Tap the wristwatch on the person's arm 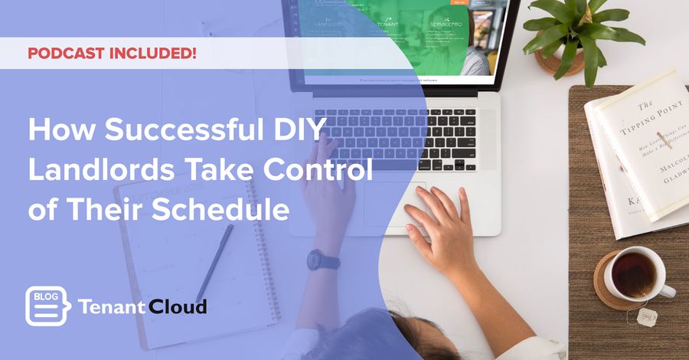(323, 260)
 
